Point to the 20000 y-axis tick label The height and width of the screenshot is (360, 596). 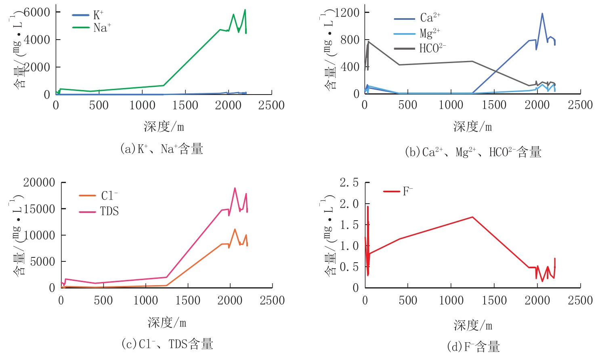(x=39, y=183)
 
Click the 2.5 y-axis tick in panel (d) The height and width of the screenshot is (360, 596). (x=349, y=183)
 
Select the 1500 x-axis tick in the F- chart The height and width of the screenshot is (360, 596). (x=494, y=300)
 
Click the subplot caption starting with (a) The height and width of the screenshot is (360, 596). (x=162, y=149)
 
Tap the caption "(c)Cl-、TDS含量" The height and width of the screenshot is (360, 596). (x=167, y=344)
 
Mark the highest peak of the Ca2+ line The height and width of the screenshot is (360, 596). (x=542, y=13)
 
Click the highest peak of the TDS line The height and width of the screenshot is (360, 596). (x=235, y=188)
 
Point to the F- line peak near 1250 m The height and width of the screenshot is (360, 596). (x=472, y=217)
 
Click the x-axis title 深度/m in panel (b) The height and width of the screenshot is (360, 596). (x=472, y=127)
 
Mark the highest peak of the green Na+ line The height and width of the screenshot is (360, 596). (x=245, y=10)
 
